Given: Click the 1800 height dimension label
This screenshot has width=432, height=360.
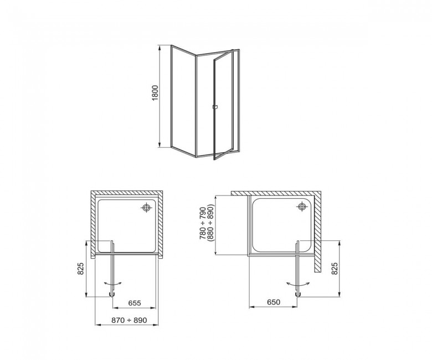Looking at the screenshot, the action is pos(156,93).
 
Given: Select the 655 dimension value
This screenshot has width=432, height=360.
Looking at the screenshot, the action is pos(135,303).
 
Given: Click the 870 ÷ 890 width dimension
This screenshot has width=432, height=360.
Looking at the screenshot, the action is pos(129,320).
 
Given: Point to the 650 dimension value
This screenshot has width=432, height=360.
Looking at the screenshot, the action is pos(274,302).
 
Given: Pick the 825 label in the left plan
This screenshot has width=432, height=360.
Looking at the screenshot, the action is pos(80,269).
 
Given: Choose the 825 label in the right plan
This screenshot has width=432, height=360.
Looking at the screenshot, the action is pos(334,269).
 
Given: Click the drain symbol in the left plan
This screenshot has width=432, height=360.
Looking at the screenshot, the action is pos(147,207).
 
